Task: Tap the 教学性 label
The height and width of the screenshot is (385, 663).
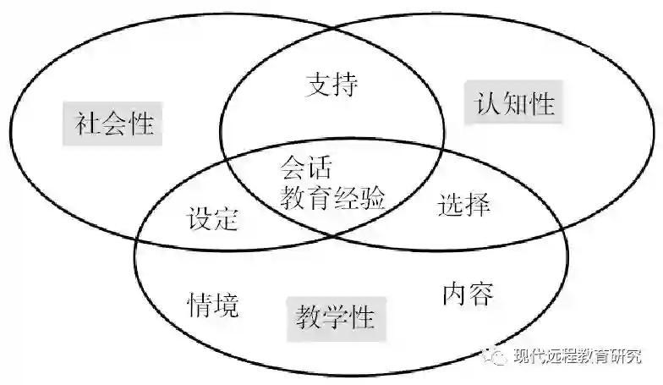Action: [336, 318]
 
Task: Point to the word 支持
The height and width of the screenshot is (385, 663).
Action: [331, 85]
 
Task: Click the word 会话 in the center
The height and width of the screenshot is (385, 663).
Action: [305, 166]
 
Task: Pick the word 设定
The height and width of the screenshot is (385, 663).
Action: [212, 220]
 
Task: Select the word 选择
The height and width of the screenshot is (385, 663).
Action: [464, 205]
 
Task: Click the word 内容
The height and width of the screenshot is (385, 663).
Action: [468, 294]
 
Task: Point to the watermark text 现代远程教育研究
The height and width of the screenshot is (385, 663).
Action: [578, 356]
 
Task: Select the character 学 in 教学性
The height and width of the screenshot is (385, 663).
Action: [336, 318]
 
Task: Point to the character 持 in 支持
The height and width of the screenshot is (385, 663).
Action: [345, 85]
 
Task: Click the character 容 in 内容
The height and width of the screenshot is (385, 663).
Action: [480, 294]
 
